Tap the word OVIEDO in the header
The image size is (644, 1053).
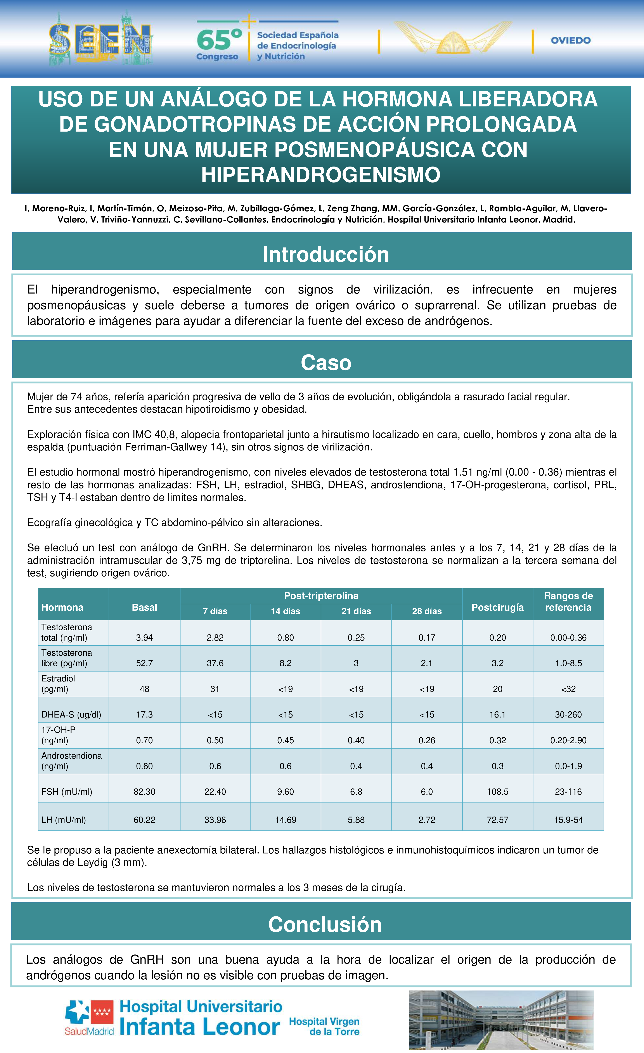pyautogui.click(x=571, y=41)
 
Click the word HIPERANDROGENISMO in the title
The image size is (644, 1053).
pyautogui.click(x=321, y=175)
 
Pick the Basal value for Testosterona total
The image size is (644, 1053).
pyautogui.click(x=144, y=638)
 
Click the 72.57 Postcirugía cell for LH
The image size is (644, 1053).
pyautogui.click(x=497, y=820)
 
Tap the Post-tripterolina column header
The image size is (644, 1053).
pyautogui.click(x=321, y=596)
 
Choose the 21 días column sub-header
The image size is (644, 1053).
pyautogui.click(x=356, y=611)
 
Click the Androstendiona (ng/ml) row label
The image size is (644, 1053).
pyautogui.click(x=71, y=761)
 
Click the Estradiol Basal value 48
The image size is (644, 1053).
pyautogui.click(x=144, y=689)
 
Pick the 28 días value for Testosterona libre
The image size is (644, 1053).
pyautogui.click(x=427, y=663)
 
